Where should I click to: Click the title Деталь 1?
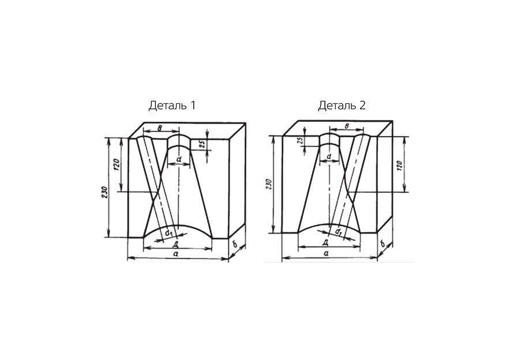pyautogui.click(x=172, y=106)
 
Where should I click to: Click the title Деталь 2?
pyautogui.click(x=342, y=106)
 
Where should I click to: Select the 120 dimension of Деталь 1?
pyautogui.click(x=117, y=164)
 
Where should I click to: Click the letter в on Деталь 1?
pyautogui.click(x=159, y=127)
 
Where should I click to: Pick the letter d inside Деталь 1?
pyautogui.click(x=179, y=159)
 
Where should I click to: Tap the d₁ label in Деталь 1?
pyautogui.click(x=169, y=232)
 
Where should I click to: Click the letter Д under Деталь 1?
pyautogui.click(x=176, y=243)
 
